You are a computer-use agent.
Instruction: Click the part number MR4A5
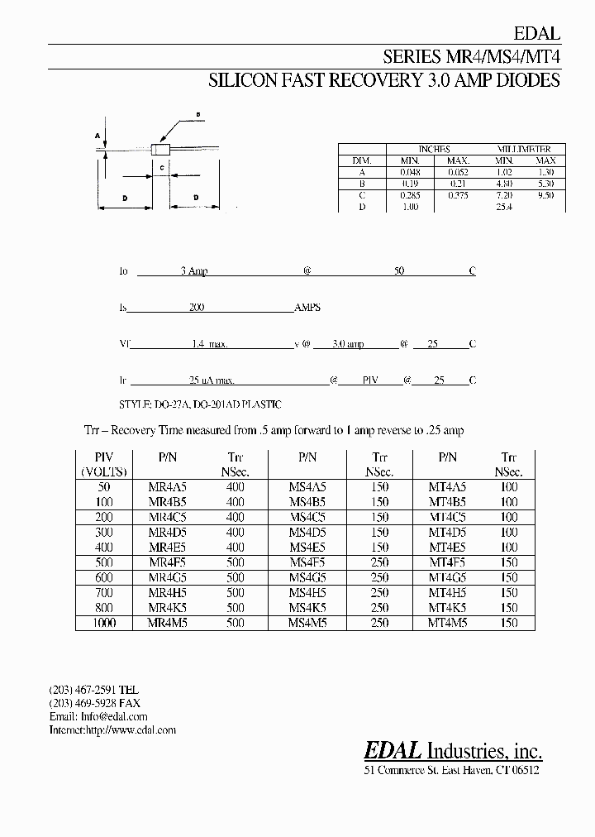pyautogui.click(x=169, y=487)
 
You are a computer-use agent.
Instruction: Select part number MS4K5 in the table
pyautogui.click(x=308, y=607)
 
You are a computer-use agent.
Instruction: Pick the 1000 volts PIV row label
pyautogui.click(x=104, y=622)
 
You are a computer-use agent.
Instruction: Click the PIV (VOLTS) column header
pyautogui.click(x=104, y=464)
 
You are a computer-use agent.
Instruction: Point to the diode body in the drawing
pyautogui.click(x=163, y=150)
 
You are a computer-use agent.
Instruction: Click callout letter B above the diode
pyautogui.click(x=198, y=114)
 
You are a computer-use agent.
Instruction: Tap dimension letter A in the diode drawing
pyautogui.click(x=98, y=134)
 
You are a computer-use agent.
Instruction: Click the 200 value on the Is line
pyautogui.click(x=197, y=307)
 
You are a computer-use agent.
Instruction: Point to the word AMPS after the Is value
pyautogui.click(x=307, y=307)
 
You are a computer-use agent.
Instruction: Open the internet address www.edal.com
pyautogui.click(x=131, y=730)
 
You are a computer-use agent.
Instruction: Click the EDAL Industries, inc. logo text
pyautogui.click(x=453, y=750)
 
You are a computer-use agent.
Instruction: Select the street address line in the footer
pyautogui.click(x=451, y=770)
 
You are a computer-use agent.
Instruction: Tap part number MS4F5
pyautogui.click(x=308, y=562)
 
